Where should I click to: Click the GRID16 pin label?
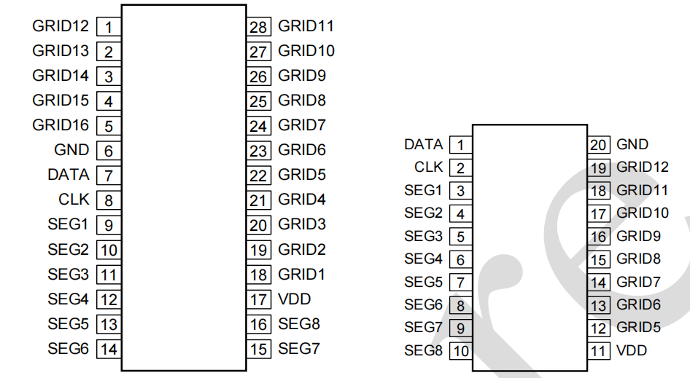tap(61, 125)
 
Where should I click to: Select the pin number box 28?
tap(259, 28)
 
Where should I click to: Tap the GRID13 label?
tap(61, 51)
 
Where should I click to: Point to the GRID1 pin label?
tap(302, 275)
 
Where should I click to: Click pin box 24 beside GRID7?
tap(259, 126)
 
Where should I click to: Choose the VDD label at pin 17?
tap(295, 299)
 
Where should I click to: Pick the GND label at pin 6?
tap(71, 150)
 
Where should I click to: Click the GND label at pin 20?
tap(632, 145)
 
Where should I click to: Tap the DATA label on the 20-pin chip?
tap(424, 145)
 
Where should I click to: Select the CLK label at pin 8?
tap(74, 200)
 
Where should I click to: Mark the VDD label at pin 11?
tap(632, 350)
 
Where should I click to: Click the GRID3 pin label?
tap(302, 224)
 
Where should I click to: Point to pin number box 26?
tap(259, 76)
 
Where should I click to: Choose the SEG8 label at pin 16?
tap(299, 324)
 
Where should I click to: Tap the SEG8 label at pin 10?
tap(424, 350)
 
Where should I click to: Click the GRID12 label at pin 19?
tap(643, 168)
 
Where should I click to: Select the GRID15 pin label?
tap(61, 101)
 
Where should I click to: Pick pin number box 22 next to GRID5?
tap(259, 176)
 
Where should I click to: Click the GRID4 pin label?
tap(302, 200)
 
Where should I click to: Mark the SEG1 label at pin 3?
tap(424, 191)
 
